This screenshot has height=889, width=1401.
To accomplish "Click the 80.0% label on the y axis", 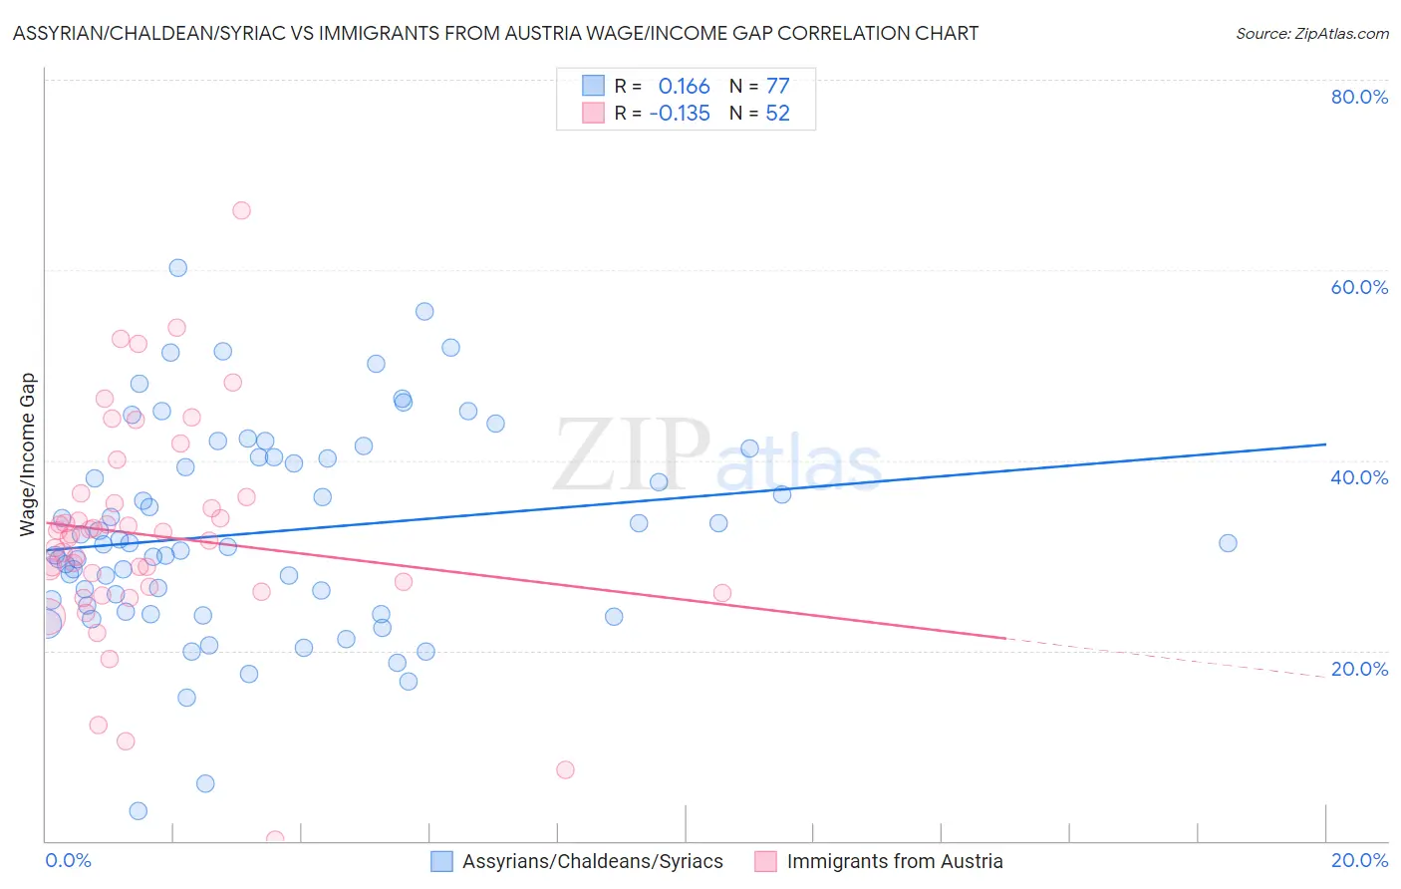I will tap(1358, 97).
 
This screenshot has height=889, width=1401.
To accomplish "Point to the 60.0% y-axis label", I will tap(1358, 287).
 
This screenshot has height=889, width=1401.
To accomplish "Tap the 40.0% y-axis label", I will tap(1358, 477).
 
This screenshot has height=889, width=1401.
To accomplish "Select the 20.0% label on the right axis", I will tap(1358, 669).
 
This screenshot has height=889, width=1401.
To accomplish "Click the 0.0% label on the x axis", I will tap(68, 860).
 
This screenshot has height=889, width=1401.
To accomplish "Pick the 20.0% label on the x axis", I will tap(1358, 860).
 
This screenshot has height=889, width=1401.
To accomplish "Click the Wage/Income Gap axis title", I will tap(28, 454).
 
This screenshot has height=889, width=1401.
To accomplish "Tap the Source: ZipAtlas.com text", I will tap(1311, 33).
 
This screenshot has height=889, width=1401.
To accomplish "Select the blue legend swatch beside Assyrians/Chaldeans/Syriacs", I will tap(441, 861).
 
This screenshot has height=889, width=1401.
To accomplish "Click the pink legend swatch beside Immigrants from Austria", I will tap(765, 861).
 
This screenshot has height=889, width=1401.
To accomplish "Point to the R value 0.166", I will tap(684, 86).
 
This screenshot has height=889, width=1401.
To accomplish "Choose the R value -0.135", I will tap(680, 113).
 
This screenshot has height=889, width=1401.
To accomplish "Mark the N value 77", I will tap(777, 86).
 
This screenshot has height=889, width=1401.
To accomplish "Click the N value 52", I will tap(777, 113).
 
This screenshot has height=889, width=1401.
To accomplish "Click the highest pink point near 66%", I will tap(241, 210).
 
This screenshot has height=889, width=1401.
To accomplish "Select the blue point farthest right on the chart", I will tap(1228, 543).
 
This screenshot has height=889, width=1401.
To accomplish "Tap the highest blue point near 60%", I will tap(177, 267).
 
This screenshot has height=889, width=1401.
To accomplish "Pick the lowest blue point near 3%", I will tap(139, 811).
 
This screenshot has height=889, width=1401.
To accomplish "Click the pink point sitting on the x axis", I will tap(275, 839).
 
